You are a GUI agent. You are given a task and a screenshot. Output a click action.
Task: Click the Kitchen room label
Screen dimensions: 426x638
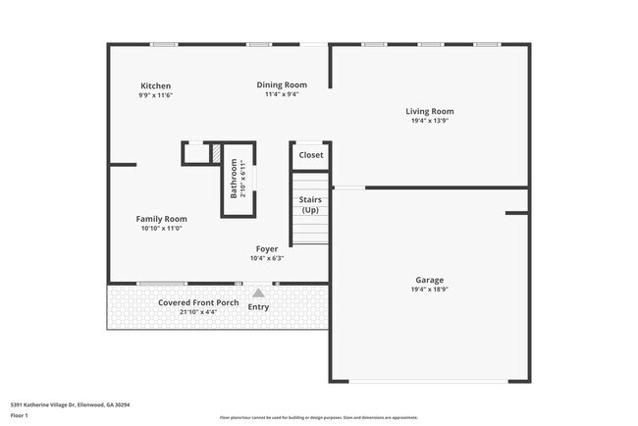tap(155, 85)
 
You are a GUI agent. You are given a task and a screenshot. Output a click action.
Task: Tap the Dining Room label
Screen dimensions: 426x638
tap(282, 84)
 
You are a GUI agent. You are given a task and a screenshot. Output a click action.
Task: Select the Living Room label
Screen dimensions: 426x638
tap(430, 111)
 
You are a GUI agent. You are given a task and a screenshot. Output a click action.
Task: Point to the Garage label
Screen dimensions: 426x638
tap(429, 280)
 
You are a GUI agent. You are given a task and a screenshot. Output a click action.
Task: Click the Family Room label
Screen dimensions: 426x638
tap(161, 219)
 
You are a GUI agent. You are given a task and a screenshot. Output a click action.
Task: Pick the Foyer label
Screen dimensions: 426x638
tap(268, 248)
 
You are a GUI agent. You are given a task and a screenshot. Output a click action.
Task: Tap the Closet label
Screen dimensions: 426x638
tap(310, 155)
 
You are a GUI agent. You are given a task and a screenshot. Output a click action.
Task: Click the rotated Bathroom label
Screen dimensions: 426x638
tap(234, 179)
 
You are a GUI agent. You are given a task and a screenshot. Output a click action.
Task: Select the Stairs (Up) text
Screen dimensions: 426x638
tap(309, 205)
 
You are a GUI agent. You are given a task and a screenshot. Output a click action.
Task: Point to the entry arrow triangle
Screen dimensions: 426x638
tap(258, 292)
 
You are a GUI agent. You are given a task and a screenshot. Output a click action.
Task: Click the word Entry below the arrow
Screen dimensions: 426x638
tap(258, 307)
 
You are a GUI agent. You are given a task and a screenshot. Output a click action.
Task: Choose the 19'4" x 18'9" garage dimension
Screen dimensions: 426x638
tap(429, 290)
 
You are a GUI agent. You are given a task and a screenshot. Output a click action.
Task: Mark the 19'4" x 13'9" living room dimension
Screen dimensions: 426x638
tap(430, 121)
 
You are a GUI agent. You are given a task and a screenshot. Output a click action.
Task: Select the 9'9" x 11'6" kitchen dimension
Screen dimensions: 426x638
tap(155, 95)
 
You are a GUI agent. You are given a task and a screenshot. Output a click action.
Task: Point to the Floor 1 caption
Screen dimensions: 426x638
tap(19, 415)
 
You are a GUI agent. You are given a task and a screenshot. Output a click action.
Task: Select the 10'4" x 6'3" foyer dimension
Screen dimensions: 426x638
tap(268, 258)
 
